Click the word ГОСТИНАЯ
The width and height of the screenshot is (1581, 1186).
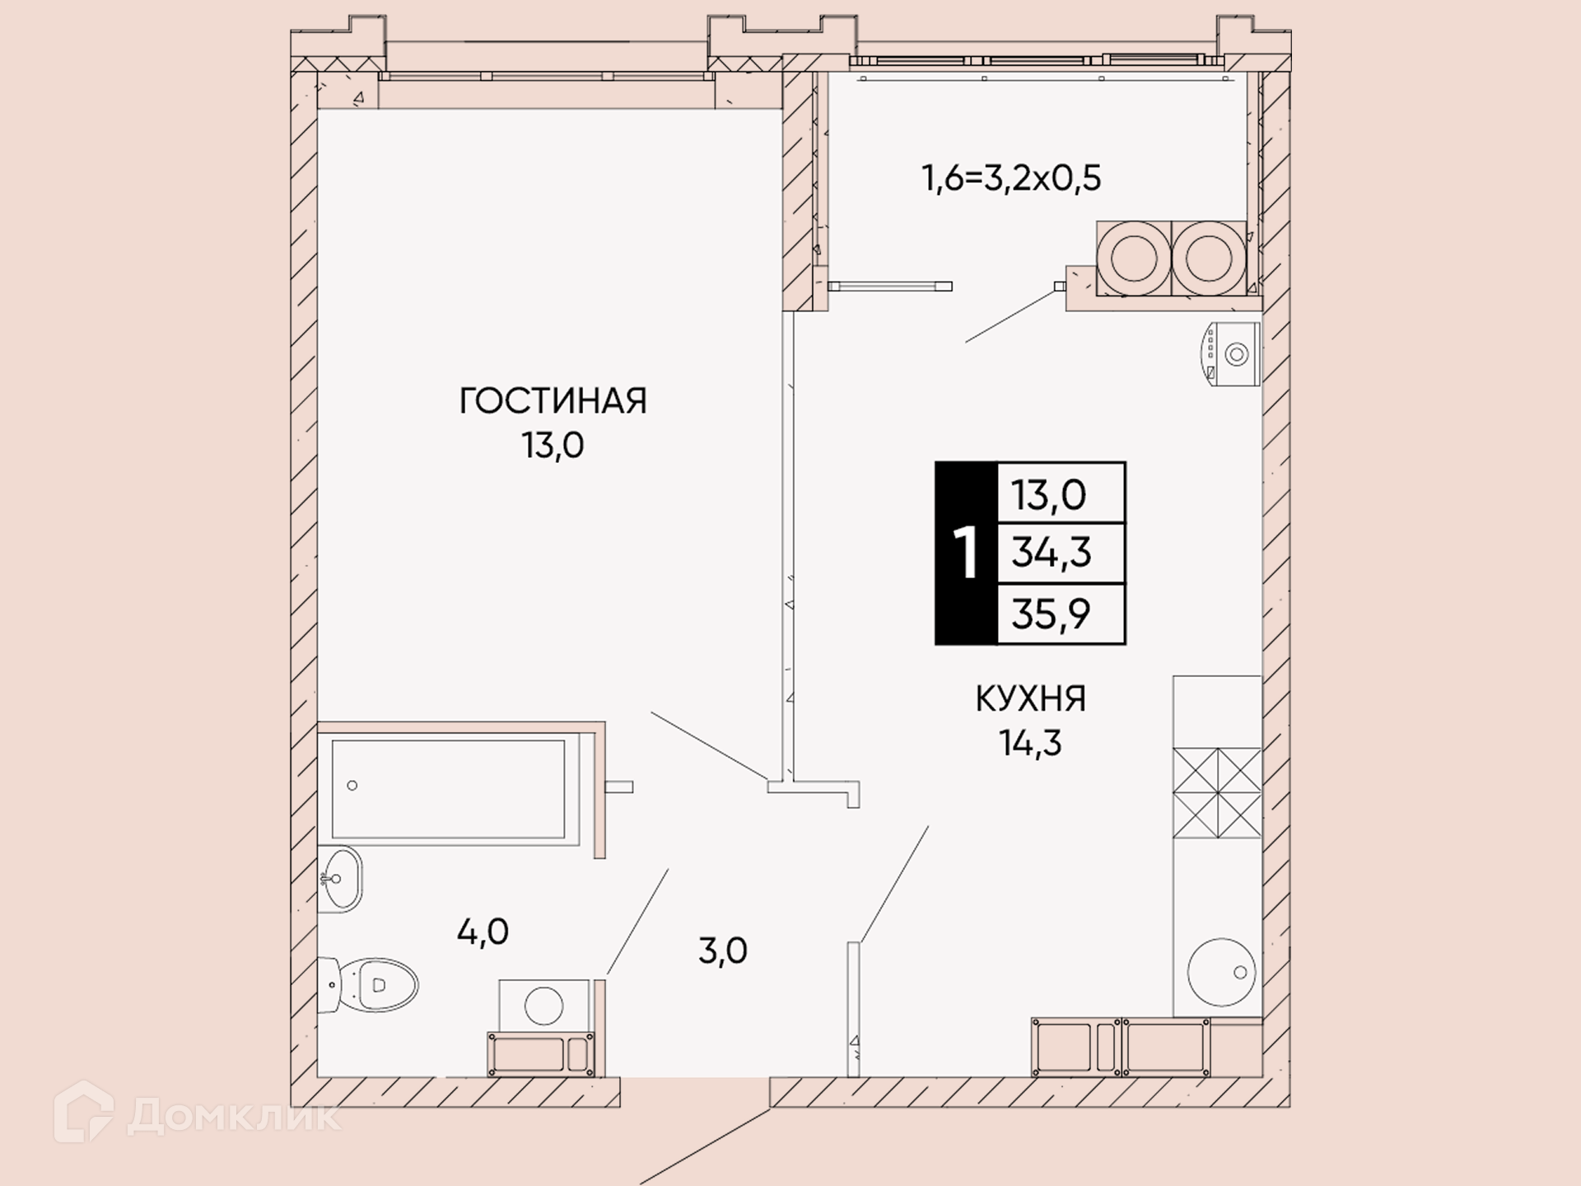click(553, 401)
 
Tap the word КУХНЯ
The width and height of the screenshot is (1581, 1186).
click(1031, 698)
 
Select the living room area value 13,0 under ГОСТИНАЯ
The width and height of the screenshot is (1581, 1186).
click(553, 446)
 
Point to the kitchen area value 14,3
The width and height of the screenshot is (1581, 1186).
click(1030, 743)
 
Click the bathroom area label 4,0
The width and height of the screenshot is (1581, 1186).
click(483, 932)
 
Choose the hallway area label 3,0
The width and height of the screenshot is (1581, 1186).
click(723, 951)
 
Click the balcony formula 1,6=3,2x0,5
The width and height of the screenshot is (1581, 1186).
click(1011, 178)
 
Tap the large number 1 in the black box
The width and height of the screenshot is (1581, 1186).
click(966, 553)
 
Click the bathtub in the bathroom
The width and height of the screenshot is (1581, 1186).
click(448, 789)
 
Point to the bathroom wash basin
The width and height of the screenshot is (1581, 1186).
click(340, 878)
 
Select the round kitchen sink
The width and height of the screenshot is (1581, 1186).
click(1221, 973)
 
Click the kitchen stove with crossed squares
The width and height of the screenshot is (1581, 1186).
click(1217, 793)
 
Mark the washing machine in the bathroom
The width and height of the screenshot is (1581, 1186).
click(543, 1006)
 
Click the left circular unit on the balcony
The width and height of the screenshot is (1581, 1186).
click(1134, 257)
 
